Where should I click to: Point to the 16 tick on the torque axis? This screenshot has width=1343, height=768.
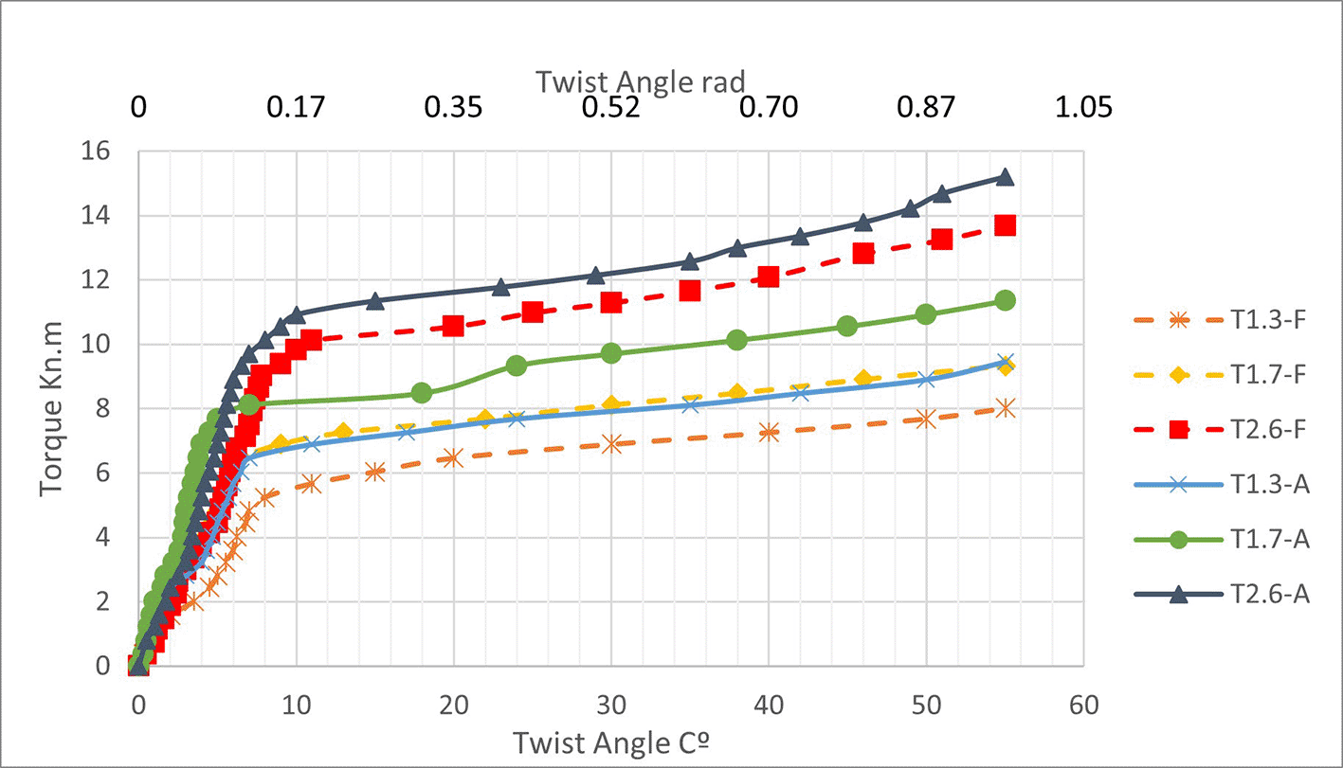(99, 152)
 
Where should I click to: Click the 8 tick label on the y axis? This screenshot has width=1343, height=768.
(104, 409)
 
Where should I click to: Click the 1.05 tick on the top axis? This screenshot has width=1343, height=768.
(1083, 107)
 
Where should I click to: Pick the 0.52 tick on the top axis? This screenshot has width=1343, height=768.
(611, 107)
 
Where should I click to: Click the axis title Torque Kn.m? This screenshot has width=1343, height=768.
(52, 409)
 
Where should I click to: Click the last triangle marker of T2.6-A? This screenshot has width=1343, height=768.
(1005, 177)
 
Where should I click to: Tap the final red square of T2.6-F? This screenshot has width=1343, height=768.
(1005, 225)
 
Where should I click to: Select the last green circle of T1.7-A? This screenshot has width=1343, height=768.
(1005, 300)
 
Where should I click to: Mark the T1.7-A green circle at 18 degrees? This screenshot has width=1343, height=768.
(422, 393)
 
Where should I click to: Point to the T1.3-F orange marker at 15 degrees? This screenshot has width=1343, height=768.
(375, 472)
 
